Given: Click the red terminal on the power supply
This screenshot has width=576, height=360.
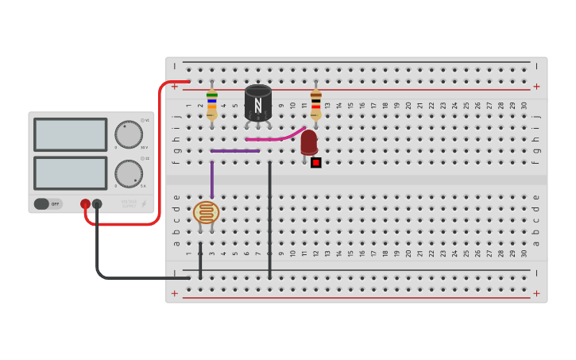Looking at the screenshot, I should coord(85,203).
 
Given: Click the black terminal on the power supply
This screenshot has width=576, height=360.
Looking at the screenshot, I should coord(97,203).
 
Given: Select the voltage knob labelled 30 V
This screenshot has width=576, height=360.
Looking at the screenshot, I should coord(128,134).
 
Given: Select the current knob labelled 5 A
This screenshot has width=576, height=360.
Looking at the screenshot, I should coord(128,173).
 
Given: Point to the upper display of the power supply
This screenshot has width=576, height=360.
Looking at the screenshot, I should coord(70,134).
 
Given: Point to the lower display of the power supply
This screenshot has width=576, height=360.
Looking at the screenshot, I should coord(70,172).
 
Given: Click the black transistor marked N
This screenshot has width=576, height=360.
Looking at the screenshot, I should coord(257,102).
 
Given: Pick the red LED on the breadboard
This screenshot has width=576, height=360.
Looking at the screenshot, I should coord(309,142).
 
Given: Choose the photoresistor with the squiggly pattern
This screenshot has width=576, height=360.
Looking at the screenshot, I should coord(206,212).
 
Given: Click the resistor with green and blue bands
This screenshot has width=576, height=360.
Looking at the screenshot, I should coord(211,104).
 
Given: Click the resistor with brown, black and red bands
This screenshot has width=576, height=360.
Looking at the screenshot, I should coord(315,103).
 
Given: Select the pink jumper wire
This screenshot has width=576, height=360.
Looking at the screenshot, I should coord(275,137).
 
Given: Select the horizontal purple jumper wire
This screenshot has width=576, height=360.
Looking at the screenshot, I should coord(235,150).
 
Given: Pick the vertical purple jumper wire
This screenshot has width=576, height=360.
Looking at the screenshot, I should coord(211,180).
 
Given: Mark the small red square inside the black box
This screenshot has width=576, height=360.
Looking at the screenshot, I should coord(315,163).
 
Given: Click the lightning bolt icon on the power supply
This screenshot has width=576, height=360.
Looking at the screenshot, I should coord(144,204).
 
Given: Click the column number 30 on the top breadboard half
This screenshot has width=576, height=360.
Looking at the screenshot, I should coord(524,106).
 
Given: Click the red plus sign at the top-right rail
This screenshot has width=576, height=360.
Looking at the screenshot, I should coord(536,86).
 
